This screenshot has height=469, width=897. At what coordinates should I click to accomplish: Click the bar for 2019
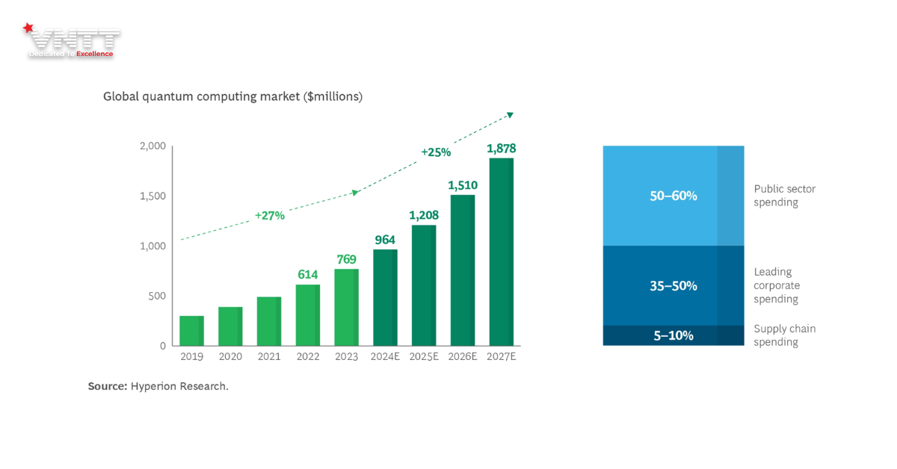(192, 331)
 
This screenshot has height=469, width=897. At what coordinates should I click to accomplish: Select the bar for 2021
(269, 321)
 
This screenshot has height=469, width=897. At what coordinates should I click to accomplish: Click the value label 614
(307, 275)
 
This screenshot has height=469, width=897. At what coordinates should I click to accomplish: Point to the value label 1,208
(423, 215)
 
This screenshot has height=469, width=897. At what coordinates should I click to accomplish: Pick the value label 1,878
(501, 149)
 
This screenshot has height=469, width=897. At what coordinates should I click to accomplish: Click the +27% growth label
(269, 215)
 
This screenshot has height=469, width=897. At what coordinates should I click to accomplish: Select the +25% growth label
(436, 152)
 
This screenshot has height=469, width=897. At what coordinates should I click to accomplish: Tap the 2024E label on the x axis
(385, 356)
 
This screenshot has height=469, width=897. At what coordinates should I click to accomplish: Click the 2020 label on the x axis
(230, 356)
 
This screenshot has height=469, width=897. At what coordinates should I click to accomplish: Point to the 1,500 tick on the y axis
(152, 196)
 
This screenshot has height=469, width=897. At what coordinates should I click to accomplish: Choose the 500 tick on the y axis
(157, 296)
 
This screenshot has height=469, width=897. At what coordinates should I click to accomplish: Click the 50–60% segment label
(673, 196)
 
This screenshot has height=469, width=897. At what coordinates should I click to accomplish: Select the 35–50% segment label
(673, 285)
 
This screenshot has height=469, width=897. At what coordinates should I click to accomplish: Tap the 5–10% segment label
(673, 335)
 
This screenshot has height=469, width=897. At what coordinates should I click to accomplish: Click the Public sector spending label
(784, 196)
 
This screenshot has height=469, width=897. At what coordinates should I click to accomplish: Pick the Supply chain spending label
(784, 335)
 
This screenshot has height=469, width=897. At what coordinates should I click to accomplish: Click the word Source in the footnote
(107, 386)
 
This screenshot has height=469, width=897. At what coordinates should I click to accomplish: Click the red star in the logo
(28, 28)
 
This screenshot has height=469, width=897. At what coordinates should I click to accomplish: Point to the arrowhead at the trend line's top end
(511, 114)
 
